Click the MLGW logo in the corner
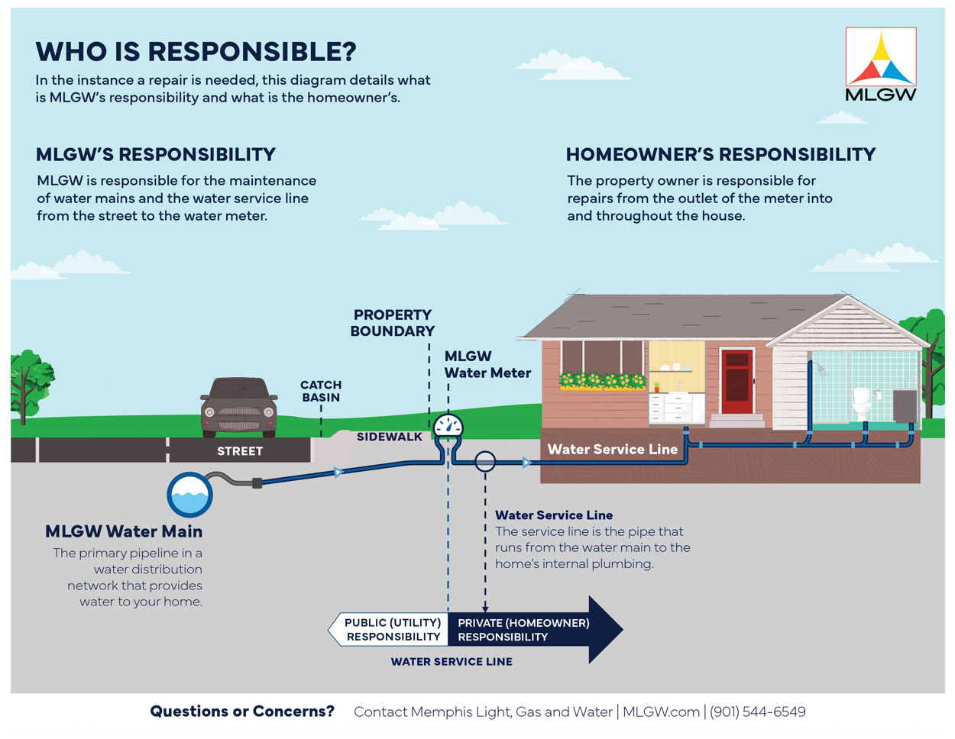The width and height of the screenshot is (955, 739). [880, 63]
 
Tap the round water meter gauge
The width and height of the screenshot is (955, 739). [448, 425]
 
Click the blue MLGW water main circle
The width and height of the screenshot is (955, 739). [190, 494]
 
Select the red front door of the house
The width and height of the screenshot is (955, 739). [737, 381]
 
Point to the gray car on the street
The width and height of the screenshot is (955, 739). [238, 407]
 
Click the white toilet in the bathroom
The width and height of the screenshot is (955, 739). [861, 403]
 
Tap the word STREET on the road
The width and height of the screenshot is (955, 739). [240, 451]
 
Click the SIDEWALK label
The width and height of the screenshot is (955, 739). [389, 437]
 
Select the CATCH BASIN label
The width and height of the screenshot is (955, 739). [321, 391]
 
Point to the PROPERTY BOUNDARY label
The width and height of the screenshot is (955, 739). [392, 323]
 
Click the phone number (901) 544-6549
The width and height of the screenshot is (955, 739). [757, 712]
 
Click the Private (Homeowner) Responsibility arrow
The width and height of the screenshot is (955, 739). [535, 629]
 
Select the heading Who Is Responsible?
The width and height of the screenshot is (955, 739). [196, 51]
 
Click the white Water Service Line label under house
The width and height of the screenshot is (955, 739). [612, 449]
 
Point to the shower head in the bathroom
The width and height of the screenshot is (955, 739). [820, 369]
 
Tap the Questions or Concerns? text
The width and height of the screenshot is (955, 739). [242, 712]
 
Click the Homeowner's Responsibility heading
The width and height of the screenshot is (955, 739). [720, 154]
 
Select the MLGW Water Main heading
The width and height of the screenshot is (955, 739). [124, 531]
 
